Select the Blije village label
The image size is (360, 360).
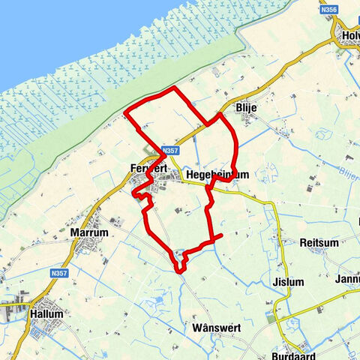246,108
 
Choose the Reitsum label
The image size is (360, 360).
319,243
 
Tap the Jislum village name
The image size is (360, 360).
289,282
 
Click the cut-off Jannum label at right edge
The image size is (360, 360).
349,279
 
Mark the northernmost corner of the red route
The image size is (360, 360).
175,88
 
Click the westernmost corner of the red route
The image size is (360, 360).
124,114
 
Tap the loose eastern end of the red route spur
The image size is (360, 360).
223,237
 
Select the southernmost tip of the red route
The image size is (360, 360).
179,271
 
